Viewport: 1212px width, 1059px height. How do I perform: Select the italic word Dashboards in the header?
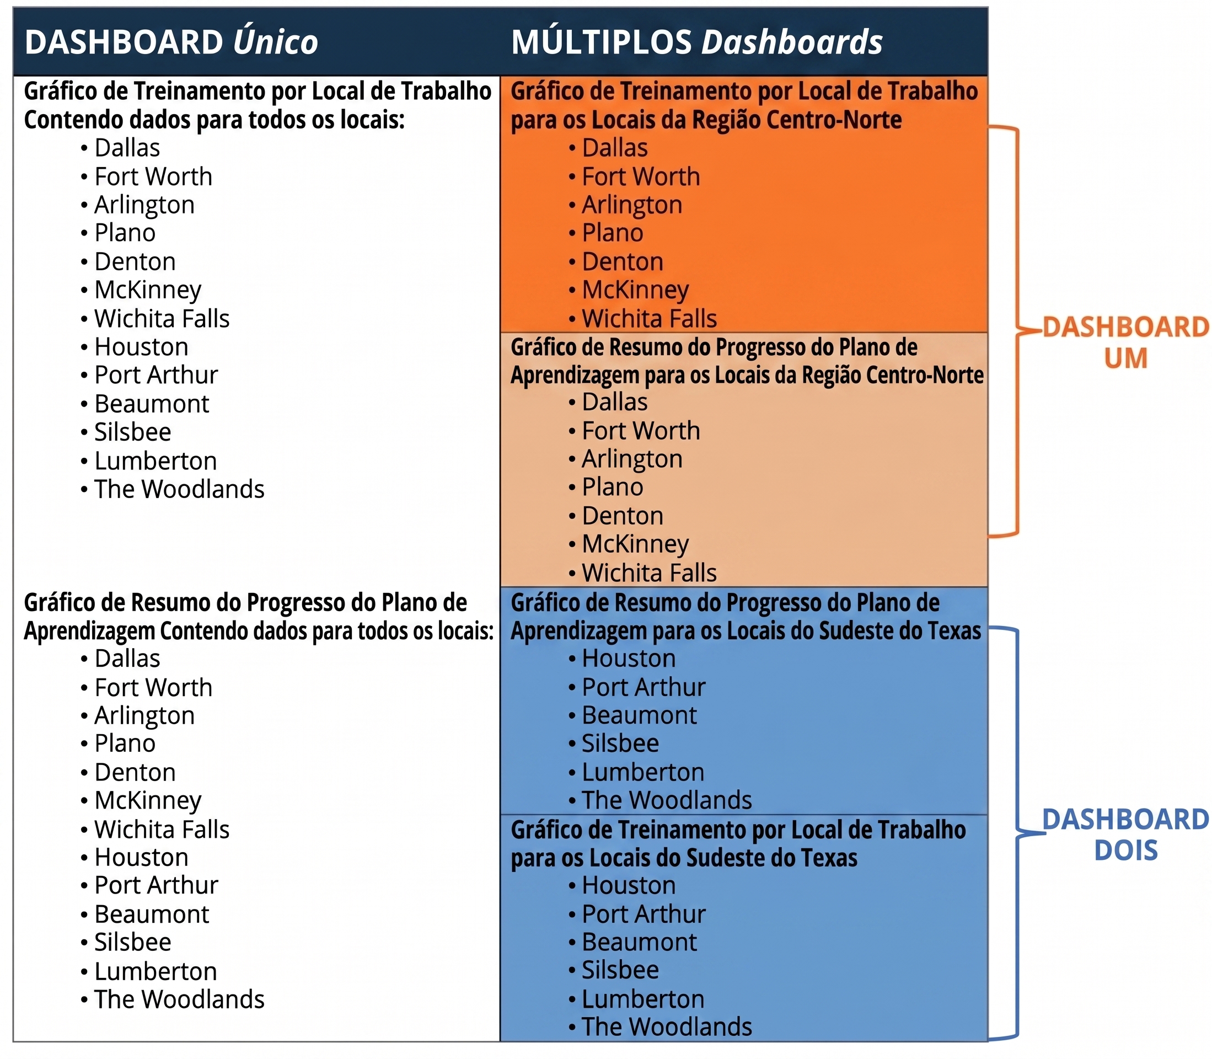pos(792,42)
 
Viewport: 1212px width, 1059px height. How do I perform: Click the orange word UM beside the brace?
pos(1126,358)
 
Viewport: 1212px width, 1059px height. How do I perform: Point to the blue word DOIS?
pos(1126,851)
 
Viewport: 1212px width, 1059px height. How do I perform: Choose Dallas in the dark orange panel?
pos(615,148)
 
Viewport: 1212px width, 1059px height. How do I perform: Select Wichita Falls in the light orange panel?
pos(649,573)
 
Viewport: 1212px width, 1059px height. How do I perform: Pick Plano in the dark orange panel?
pos(613,233)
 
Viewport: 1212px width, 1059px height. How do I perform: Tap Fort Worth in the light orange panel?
pos(641,431)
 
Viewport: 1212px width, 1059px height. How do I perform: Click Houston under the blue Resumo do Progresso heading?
pos(629,659)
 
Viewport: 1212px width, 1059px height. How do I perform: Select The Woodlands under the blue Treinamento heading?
pos(667,1026)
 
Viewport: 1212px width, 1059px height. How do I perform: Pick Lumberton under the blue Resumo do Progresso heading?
pos(643,772)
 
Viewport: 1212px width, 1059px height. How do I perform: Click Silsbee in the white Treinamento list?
pos(133,432)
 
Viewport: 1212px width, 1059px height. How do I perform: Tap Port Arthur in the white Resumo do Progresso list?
pos(157,885)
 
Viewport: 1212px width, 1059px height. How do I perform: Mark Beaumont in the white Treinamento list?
pos(152,404)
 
